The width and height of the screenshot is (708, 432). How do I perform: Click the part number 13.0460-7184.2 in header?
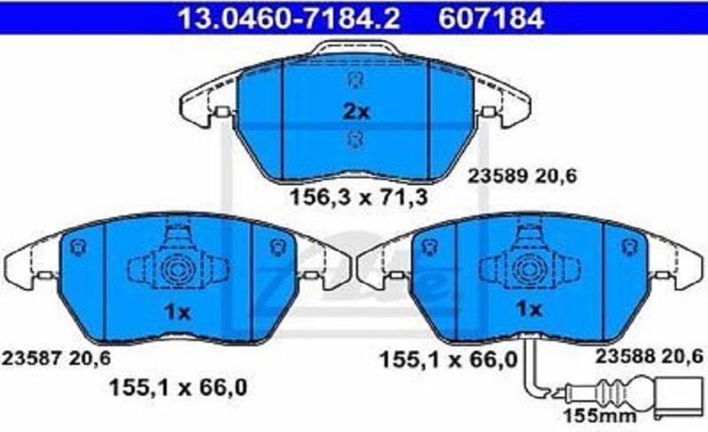point(289,19)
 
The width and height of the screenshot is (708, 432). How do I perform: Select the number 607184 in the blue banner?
point(492,19)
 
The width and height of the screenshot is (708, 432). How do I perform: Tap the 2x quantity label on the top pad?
point(356,111)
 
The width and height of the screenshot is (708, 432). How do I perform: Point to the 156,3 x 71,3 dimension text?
point(358,197)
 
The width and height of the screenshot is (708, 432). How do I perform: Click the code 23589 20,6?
point(523,176)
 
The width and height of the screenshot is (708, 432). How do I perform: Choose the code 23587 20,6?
point(57,359)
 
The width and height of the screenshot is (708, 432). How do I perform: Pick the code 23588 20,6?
point(649,356)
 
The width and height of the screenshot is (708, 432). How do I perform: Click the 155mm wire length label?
point(600,415)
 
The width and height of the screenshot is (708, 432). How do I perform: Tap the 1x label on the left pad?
point(178,312)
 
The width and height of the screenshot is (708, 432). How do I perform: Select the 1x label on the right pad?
point(529,309)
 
